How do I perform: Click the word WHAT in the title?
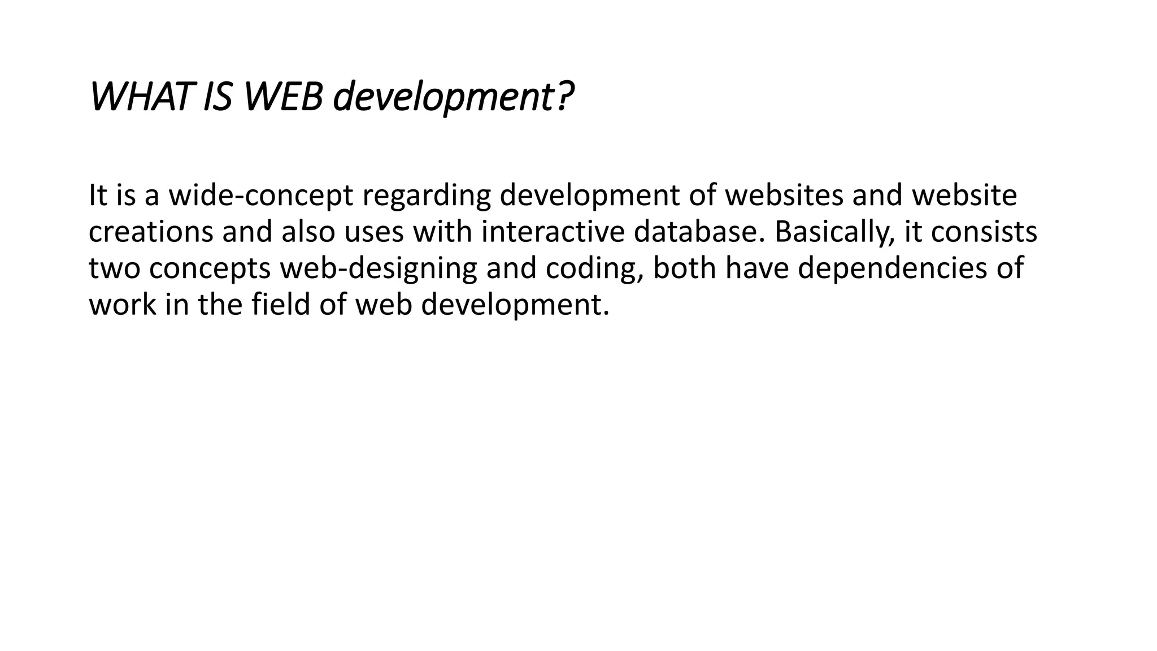tap(138, 97)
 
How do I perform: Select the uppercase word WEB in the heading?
tap(283, 97)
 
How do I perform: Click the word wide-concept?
tap(261, 196)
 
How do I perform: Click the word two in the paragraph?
tap(114, 268)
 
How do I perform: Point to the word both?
tap(685, 268)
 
